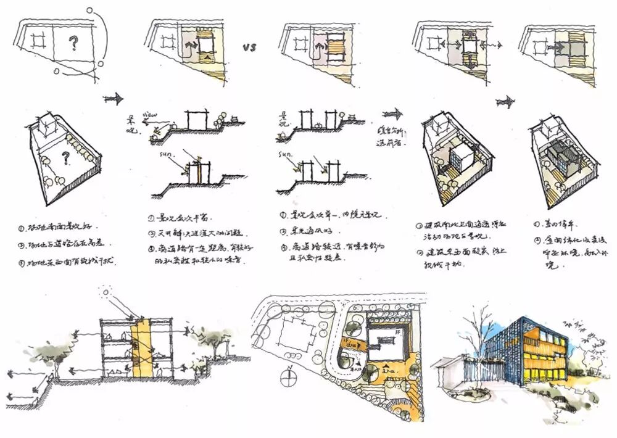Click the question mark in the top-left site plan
pos(74,43)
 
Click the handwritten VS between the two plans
pos(249,47)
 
